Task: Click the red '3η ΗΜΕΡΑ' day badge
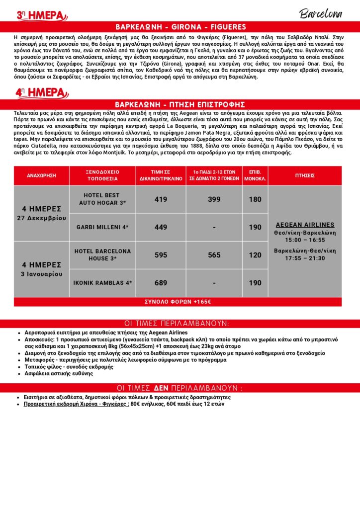(x=41, y=15)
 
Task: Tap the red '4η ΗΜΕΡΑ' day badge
(x=41, y=92)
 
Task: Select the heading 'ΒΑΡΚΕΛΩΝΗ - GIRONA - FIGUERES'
(x=180, y=27)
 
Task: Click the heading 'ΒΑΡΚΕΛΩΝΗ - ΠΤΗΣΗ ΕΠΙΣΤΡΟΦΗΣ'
(x=180, y=104)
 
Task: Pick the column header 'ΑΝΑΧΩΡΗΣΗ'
(x=41, y=175)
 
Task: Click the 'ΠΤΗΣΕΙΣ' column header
(x=304, y=175)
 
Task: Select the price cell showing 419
(x=161, y=199)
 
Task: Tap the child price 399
(x=214, y=199)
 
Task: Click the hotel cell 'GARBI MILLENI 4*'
(x=102, y=227)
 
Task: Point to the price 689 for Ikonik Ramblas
(x=161, y=283)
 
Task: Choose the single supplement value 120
(x=255, y=255)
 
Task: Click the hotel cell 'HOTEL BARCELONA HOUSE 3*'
(x=102, y=255)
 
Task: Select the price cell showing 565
(x=214, y=255)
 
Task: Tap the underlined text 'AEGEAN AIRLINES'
(x=305, y=225)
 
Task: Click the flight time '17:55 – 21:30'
(x=305, y=258)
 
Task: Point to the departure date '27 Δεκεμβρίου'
(x=41, y=218)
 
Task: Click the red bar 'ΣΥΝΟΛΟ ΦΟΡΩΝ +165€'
(x=178, y=302)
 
